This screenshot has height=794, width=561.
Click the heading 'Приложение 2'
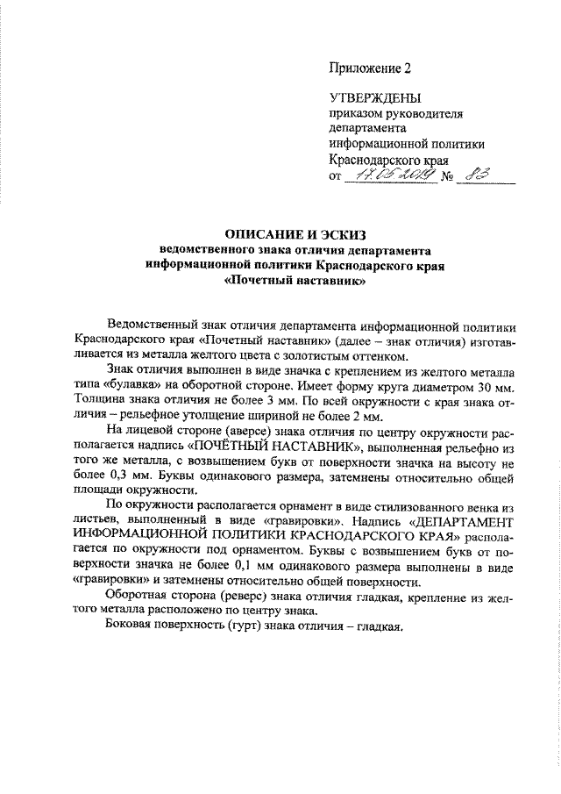coord(369,67)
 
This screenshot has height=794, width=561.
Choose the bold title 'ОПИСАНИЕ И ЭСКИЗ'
coord(293,234)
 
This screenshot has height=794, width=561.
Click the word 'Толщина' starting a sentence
coord(99,402)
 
